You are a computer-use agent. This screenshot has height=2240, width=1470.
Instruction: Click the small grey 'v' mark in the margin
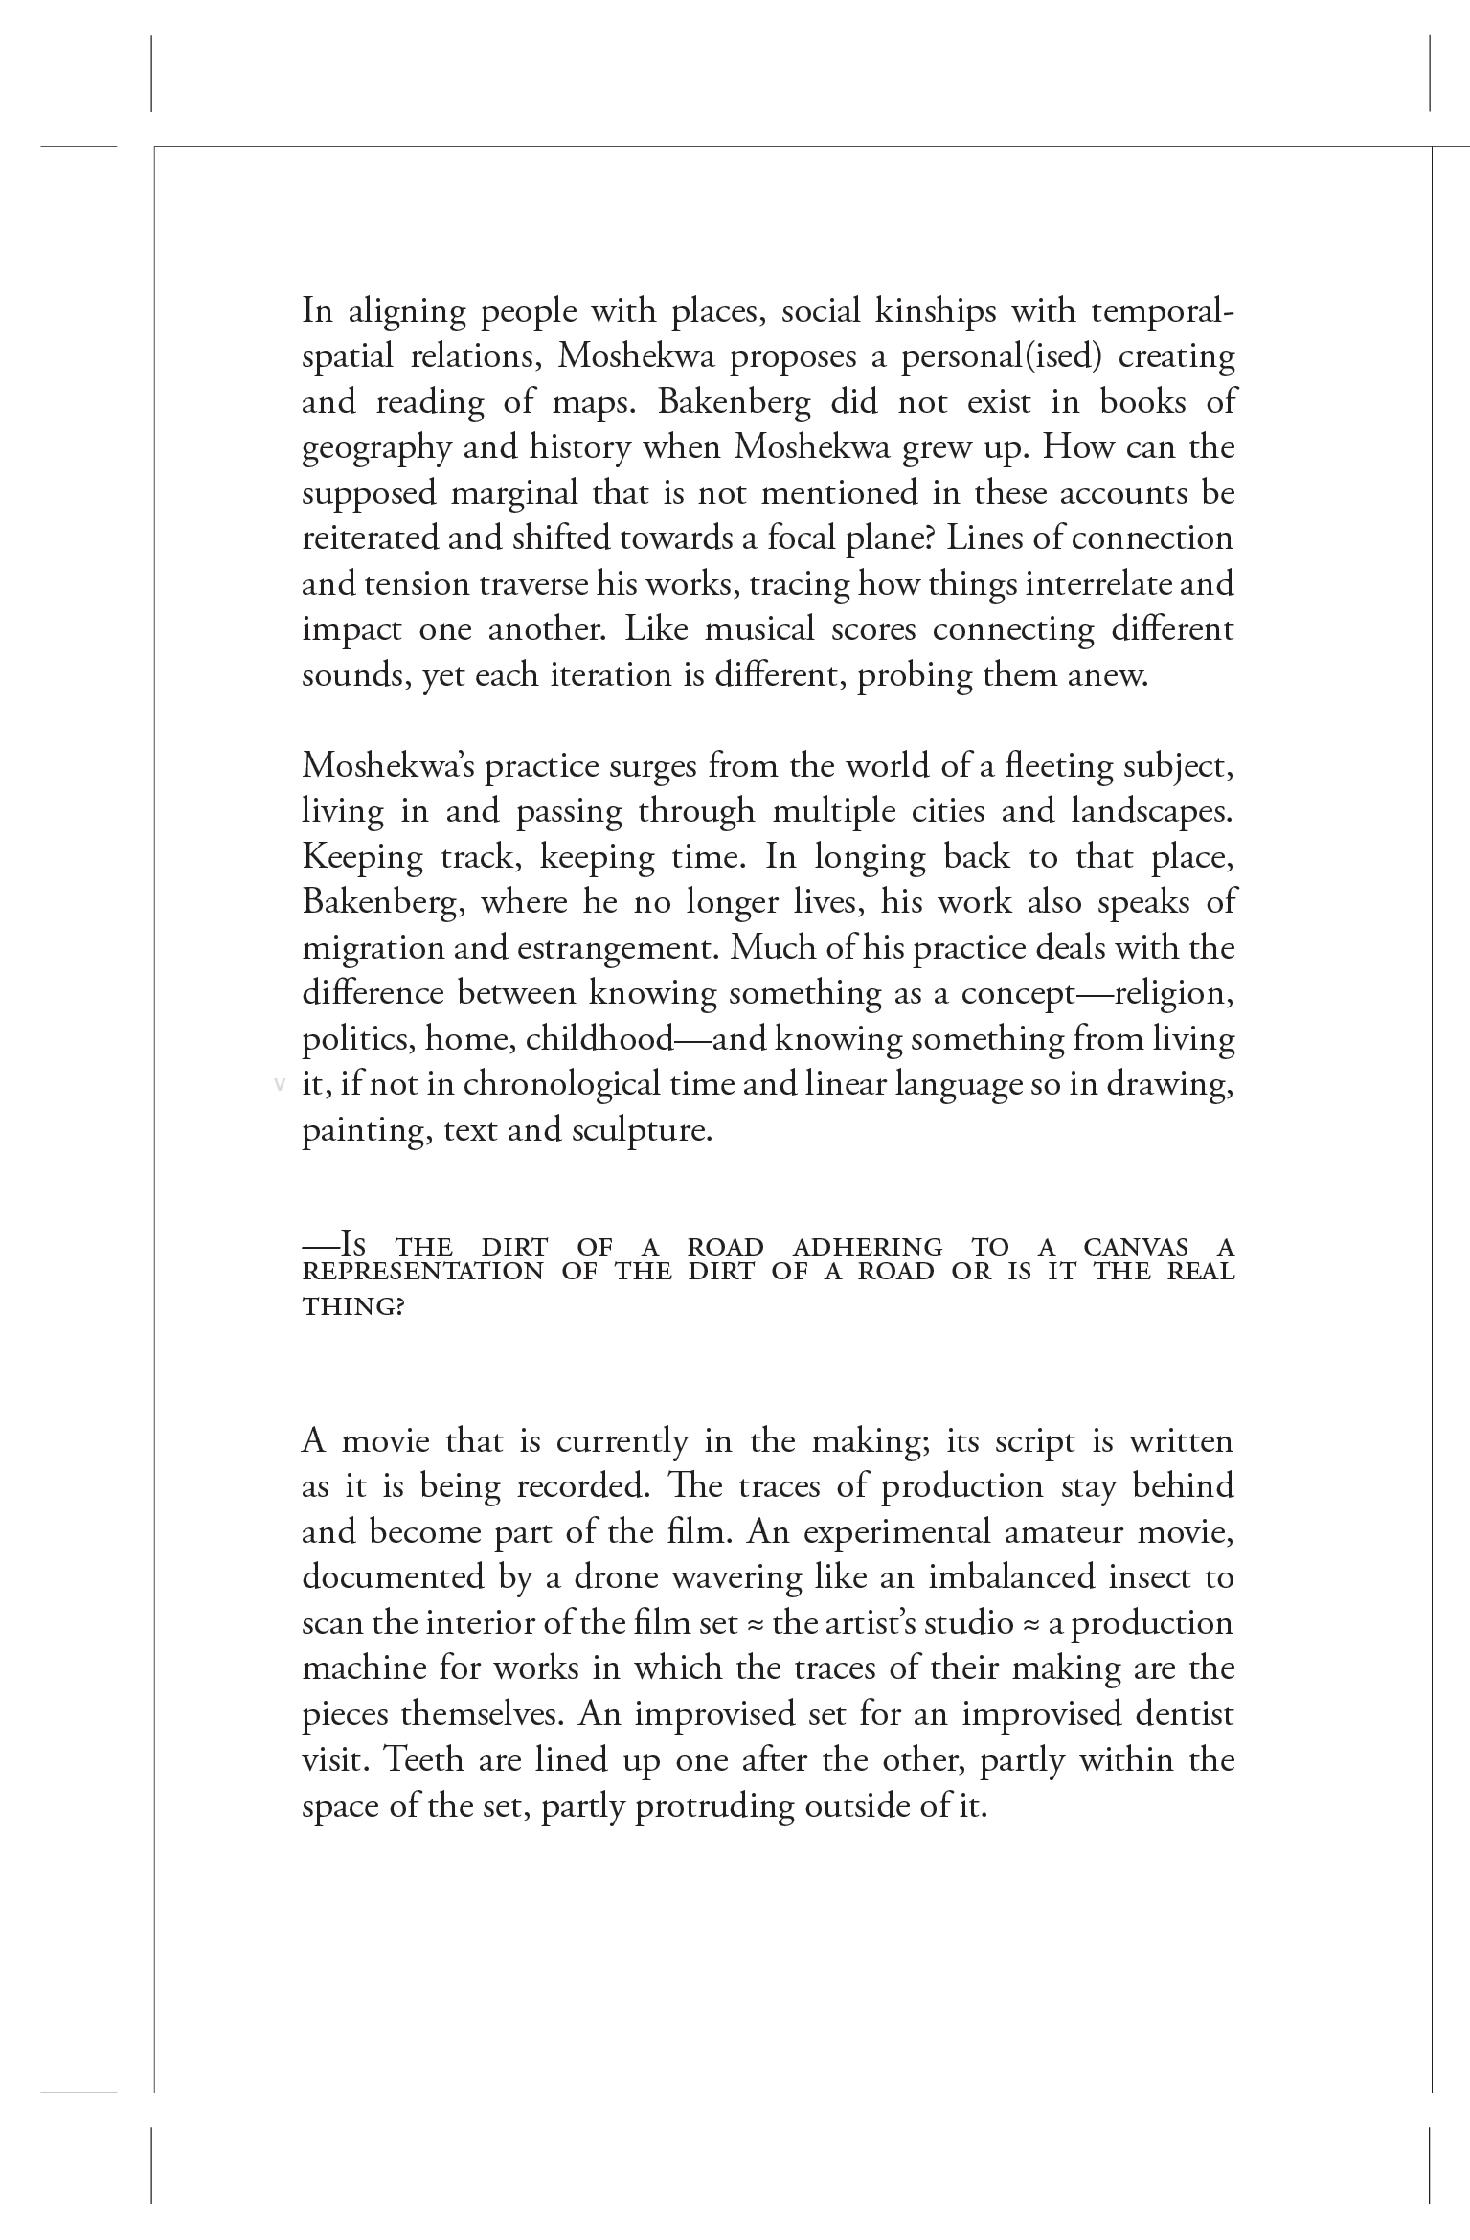click(280, 1084)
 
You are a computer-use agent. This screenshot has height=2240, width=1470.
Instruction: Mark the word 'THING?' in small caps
click(353, 1306)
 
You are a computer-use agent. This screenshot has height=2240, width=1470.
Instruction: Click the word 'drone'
click(616, 1577)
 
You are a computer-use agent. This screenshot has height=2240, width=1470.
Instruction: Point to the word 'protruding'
click(715, 1805)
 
